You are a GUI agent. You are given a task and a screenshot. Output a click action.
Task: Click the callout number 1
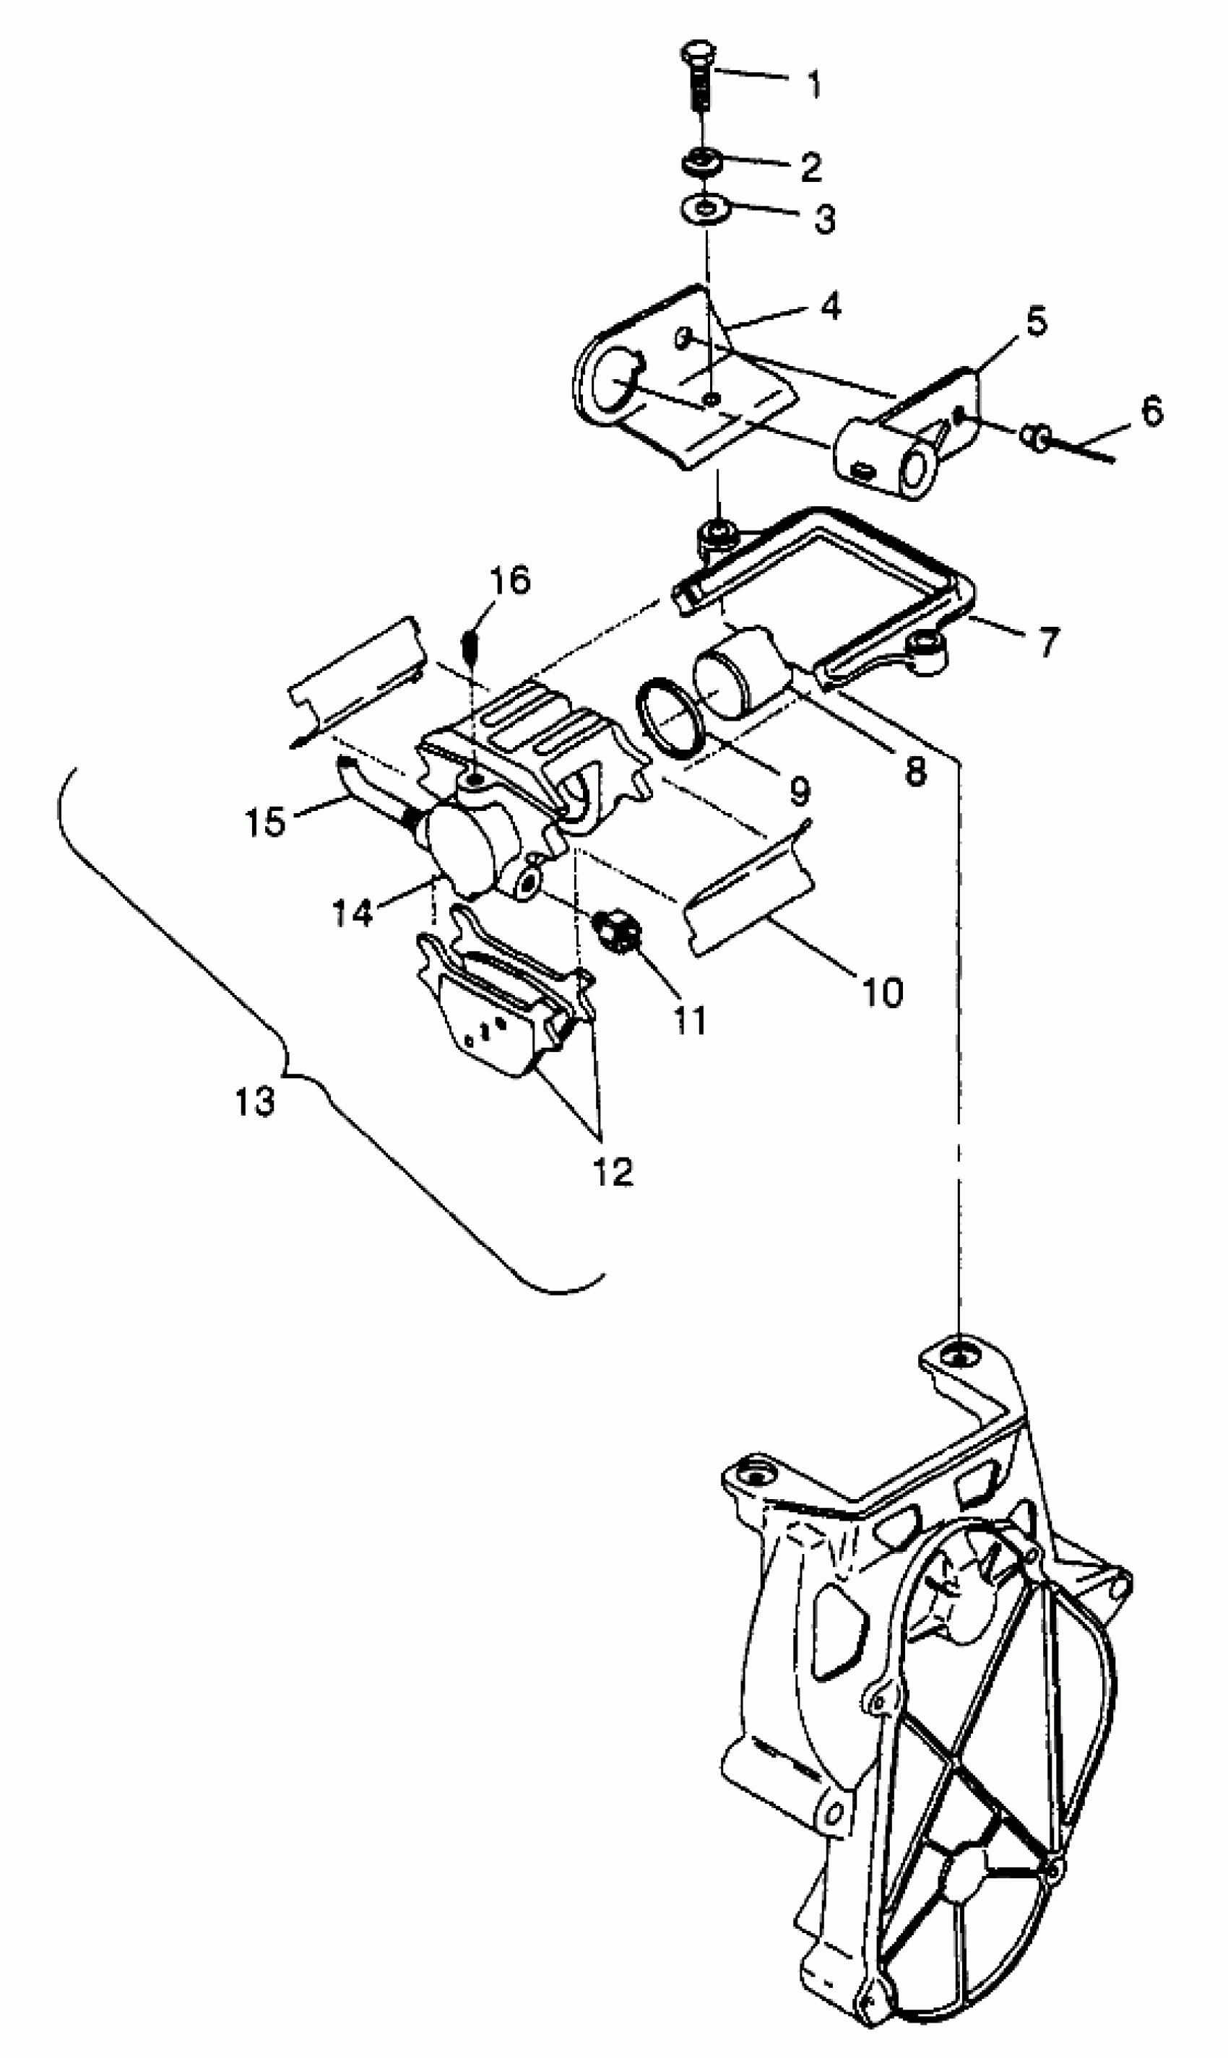coord(814,83)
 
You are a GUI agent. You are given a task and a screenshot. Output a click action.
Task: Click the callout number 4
coord(830,306)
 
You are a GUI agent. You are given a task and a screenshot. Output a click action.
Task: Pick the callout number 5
coord(1036,323)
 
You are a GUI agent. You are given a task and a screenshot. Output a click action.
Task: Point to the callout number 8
coord(915,772)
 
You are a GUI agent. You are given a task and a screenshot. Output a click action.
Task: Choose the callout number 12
coord(613,1171)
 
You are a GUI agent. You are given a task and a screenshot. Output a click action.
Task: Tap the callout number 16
coord(510,580)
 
